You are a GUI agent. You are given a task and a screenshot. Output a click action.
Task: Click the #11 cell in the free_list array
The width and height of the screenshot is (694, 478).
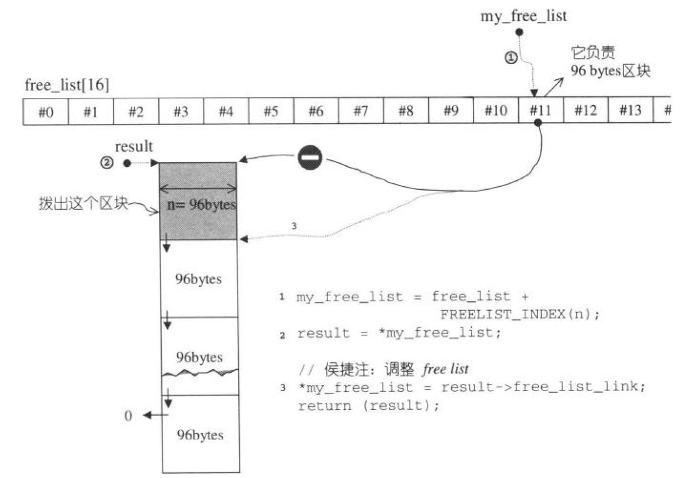click(540, 111)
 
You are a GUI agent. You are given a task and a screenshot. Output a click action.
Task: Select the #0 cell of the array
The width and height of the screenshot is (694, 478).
click(45, 112)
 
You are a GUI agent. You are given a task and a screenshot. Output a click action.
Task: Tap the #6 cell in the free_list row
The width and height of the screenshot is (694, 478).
click(316, 112)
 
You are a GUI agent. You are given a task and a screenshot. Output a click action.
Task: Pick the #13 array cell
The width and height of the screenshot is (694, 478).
click(630, 111)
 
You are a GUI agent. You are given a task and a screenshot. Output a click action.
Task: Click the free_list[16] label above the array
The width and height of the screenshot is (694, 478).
click(67, 86)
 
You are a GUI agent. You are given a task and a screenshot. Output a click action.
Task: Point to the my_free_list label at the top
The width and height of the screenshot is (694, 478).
click(523, 16)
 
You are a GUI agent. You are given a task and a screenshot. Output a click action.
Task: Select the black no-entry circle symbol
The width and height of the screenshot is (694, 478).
click(309, 159)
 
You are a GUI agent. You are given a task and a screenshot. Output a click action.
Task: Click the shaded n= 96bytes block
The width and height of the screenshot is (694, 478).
click(198, 201)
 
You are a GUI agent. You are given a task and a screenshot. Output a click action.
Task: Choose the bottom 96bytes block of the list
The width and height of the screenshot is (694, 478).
click(199, 435)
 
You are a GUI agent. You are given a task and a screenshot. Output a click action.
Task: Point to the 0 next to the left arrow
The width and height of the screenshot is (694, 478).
click(128, 416)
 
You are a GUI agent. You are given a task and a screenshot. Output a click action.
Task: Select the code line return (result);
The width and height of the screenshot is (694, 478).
click(368, 406)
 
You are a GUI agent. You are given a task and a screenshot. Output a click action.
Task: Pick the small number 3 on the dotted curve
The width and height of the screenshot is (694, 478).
click(294, 225)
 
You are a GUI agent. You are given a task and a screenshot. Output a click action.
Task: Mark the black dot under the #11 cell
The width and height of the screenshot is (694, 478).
click(538, 123)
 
